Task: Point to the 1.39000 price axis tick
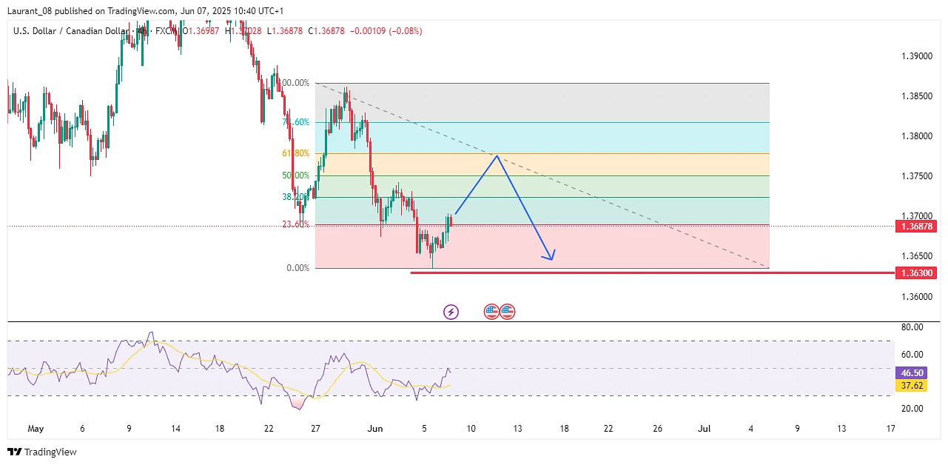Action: [x=916, y=56]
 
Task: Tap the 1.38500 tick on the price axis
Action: [x=916, y=96]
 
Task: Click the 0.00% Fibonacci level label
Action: [x=297, y=268]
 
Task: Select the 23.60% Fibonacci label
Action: [x=297, y=224]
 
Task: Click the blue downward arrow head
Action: [x=550, y=257]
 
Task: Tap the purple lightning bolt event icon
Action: [x=451, y=312]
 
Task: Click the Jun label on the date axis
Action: [x=375, y=428]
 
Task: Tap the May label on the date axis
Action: [x=36, y=428]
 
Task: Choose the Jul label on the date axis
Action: [x=705, y=428]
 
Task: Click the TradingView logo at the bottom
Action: [x=42, y=452]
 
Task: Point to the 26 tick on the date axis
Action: [x=657, y=428]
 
